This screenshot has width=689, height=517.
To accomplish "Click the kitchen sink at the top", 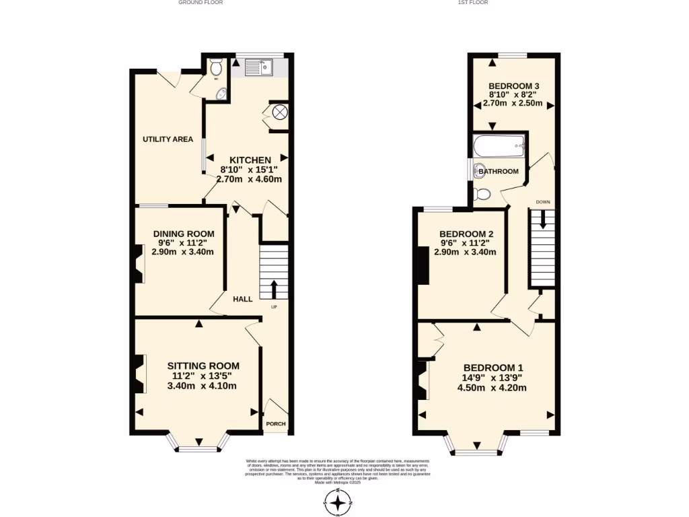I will pyautogui.click(x=258, y=67).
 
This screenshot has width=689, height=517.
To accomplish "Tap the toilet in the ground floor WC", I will pyautogui.click(x=215, y=67).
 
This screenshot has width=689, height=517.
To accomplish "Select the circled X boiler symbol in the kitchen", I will pyautogui.click(x=279, y=112).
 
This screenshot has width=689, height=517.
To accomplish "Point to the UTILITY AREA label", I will pyautogui.click(x=168, y=139).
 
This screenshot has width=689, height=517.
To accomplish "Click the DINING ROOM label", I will pyautogui.click(x=182, y=234).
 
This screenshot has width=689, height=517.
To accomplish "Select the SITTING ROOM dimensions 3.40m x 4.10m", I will pyautogui.click(x=203, y=386).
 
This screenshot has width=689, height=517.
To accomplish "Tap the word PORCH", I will pyautogui.click(x=276, y=424).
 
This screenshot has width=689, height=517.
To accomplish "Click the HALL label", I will pyautogui.click(x=242, y=299).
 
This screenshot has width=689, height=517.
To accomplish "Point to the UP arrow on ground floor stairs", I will pyautogui.click(x=274, y=289).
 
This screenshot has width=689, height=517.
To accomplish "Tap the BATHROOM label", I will pyautogui.click(x=499, y=172).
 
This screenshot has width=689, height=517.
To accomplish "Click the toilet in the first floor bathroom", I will pyautogui.click(x=481, y=194).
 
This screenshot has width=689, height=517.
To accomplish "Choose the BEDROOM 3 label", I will pyautogui.click(x=514, y=86).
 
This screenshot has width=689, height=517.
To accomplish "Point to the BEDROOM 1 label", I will pyautogui.click(x=493, y=368).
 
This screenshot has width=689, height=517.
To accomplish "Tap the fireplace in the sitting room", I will pyautogui.click(x=140, y=374).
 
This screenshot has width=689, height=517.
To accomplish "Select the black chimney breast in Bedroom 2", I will pyautogui.click(x=423, y=266).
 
